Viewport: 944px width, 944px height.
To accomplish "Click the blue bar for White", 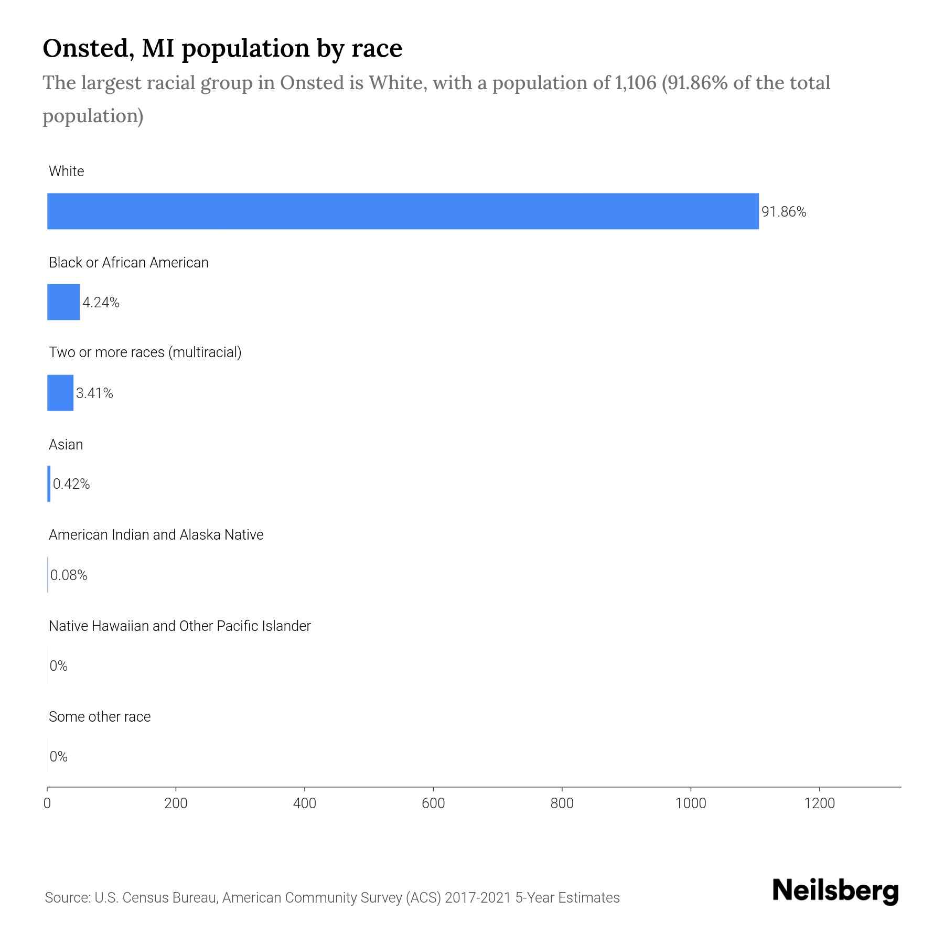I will [403, 211].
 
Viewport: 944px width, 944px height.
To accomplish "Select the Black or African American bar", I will [63, 302].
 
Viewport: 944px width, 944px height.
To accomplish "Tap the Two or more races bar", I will [60, 393].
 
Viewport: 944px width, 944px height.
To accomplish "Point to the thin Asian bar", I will [49, 484].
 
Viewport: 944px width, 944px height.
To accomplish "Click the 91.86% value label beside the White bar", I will [784, 212].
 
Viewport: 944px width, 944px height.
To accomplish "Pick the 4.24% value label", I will [101, 303].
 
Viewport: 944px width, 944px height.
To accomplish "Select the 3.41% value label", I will [94, 393].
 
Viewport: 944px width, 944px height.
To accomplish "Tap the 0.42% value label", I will [71, 484].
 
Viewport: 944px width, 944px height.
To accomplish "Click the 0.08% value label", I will [69, 575].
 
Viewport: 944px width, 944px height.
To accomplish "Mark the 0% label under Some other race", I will [59, 756].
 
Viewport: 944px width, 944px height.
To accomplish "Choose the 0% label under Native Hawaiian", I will [59, 666].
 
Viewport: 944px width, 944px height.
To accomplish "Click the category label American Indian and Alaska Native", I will [156, 535].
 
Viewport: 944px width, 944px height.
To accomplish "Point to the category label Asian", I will [66, 445].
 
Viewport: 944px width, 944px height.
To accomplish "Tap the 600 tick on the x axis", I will [433, 803].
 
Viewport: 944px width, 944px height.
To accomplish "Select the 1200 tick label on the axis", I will [819, 803].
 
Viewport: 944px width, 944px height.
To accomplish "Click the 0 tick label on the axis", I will [47, 803].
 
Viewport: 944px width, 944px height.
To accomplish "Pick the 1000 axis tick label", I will [691, 803].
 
